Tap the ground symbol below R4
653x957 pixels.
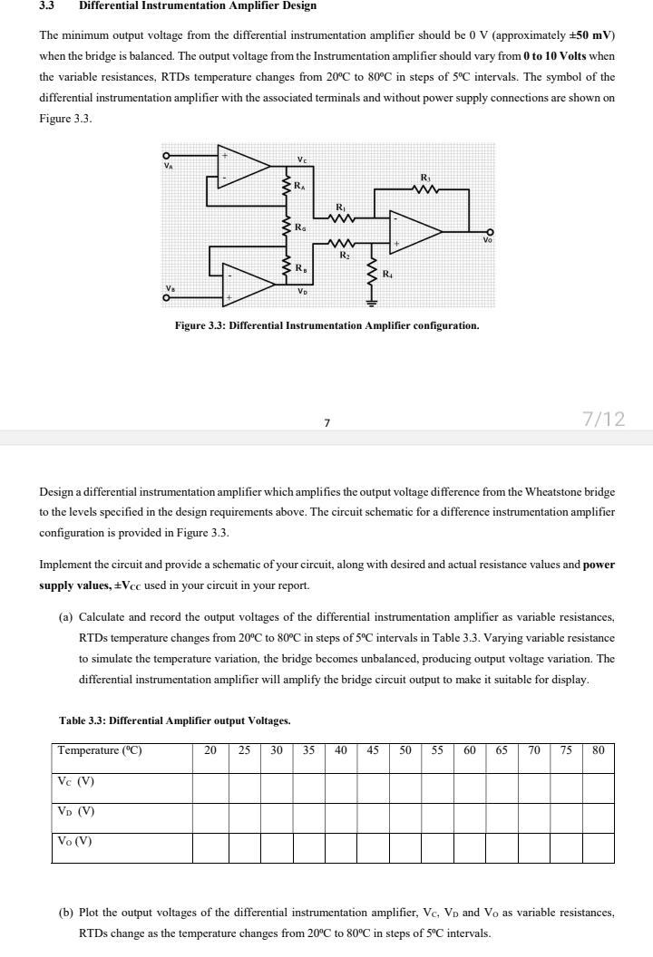(x=372, y=303)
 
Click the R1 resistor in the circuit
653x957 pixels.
(x=339, y=217)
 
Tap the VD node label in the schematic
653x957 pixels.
(x=301, y=291)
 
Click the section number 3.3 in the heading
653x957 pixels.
(x=48, y=6)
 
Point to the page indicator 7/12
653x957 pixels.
(x=603, y=418)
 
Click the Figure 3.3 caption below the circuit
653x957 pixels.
(x=326, y=324)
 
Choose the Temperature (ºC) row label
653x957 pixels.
(x=100, y=751)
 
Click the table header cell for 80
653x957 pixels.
(x=598, y=751)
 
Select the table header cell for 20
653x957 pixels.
(x=210, y=751)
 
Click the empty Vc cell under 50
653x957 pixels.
(x=405, y=782)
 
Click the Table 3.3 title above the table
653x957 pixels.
(x=174, y=721)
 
